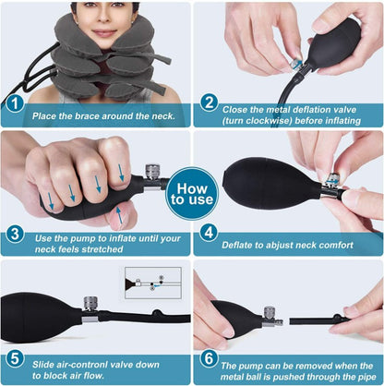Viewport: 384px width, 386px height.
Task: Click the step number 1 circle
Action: pyautogui.click(x=15, y=104)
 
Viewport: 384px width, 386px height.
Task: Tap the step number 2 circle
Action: pyautogui.click(x=209, y=103)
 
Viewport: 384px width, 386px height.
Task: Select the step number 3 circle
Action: pyautogui.click(x=15, y=234)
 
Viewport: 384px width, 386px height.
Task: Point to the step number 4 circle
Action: pyautogui.click(x=209, y=233)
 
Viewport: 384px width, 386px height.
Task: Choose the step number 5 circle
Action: pyautogui.click(x=15, y=358)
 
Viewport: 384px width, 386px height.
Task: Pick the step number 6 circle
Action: pyautogui.click(x=209, y=358)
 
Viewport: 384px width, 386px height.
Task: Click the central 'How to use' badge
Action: pyautogui.click(x=192, y=193)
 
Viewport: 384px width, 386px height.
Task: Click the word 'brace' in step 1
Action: pyautogui.click(x=87, y=116)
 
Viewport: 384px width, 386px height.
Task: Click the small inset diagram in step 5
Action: pyautogui.click(x=153, y=283)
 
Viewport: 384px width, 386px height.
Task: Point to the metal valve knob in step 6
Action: pyautogui.click(x=270, y=314)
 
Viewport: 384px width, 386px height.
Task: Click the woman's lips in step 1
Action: pyautogui.click(x=104, y=33)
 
